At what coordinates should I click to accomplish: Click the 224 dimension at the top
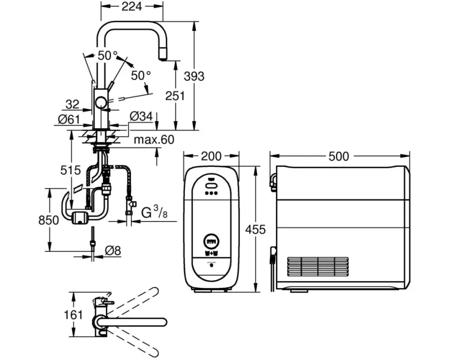[x=132, y=6]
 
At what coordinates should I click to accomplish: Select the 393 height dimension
[x=194, y=76]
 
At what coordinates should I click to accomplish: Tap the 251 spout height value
[x=175, y=96]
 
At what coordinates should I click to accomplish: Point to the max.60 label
[x=154, y=140]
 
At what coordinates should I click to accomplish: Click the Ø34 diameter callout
[x=141, y=117]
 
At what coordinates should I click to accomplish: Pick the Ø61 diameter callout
[x=69, y=119]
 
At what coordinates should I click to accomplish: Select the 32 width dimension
[x=72, y=104]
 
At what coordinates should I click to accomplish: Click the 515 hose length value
[x=70, y=170]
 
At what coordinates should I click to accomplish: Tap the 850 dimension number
[x=48, y=221]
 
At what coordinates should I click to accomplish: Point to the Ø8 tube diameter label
[x=113, y=251]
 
